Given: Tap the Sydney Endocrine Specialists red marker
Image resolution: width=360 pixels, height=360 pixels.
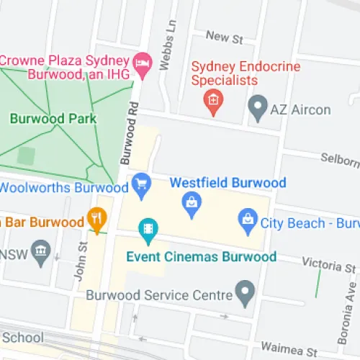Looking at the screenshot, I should coord(213,102).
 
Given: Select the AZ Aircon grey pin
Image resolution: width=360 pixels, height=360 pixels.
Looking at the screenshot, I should coord(256,110).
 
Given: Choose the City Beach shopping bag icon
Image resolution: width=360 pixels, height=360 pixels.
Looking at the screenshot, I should coord(248,221).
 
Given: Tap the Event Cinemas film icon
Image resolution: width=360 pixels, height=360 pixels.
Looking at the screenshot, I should coord(148,231).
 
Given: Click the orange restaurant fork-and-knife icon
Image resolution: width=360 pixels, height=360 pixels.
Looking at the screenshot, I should coord(96,220).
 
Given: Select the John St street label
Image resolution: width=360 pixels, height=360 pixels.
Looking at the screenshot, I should coord(82,261).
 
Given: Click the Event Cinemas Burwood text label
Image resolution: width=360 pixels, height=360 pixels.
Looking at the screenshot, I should coord(201,256).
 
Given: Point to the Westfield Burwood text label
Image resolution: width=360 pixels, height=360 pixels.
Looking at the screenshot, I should coord(228,183).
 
